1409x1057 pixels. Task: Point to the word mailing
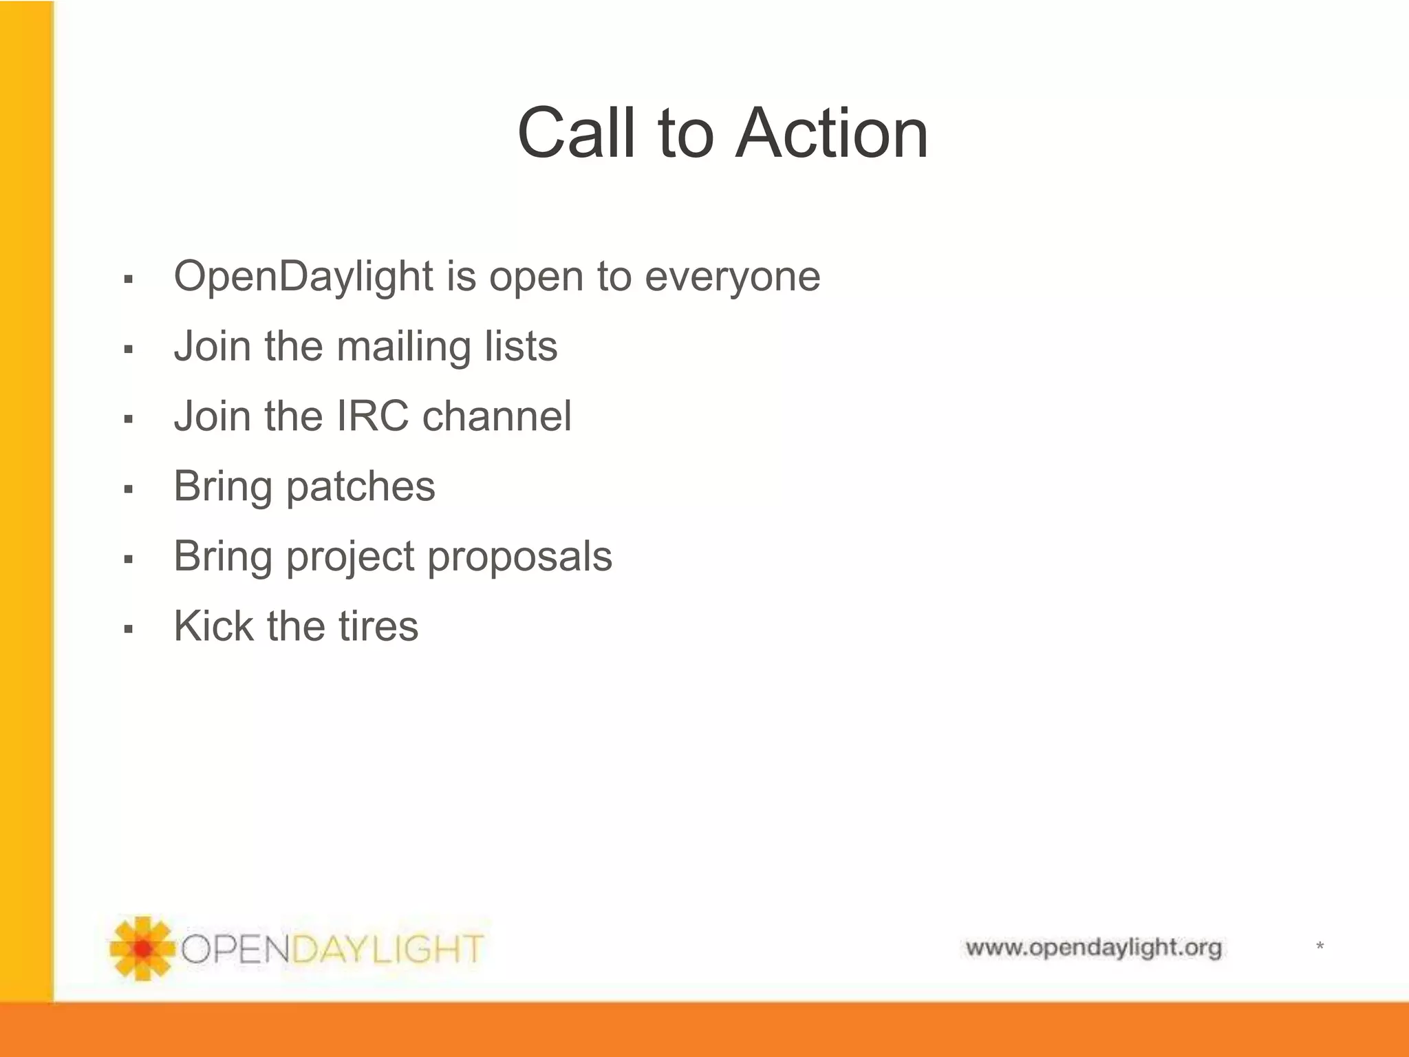pyautogui.click(x=403, y=346)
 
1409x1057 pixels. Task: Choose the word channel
pyautogui.click(x=496, y=416)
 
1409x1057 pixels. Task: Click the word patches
pyautogui.click(x=361, y=487)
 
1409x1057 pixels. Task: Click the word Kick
pyautogui.click(x=213, y=626)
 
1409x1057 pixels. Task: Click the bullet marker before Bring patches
pyautogui.click(x=128, y=489)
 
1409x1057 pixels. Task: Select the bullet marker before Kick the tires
pyautogui.click(x=128, y=629)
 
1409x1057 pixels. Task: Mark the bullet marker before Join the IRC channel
pyautogui.click(x=128, y=419)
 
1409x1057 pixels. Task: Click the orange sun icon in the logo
pyautogui.click(x=142, y=948)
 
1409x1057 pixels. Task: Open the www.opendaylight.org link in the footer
pyautogui.click(x=1093, y=948)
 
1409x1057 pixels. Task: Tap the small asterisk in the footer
pyautogui.click(x=1320, y=947)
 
